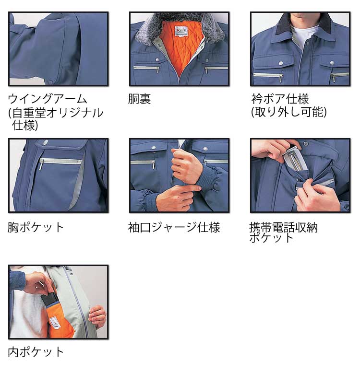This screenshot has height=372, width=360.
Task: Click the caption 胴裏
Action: click(139, 99)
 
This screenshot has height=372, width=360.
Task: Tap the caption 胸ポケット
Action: click(36, 227)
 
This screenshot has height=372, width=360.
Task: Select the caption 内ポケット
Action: click(36, 352)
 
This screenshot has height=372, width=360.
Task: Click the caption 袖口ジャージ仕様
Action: click(174, 227)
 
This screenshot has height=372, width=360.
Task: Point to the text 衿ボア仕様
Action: click(280, 99)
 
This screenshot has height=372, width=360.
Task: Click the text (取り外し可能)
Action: click(288, 112)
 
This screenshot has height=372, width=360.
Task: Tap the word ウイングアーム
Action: click(48, 99)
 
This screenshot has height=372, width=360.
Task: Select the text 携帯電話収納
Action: click(283, 227)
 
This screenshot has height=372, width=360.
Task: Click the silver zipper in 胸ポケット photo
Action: click(60, 162)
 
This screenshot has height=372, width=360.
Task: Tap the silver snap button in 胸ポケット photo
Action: click(45, 142)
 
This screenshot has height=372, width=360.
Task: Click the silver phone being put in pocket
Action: click(294, 158)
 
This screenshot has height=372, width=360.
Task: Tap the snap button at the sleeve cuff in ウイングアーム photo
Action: click(50, 82)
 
